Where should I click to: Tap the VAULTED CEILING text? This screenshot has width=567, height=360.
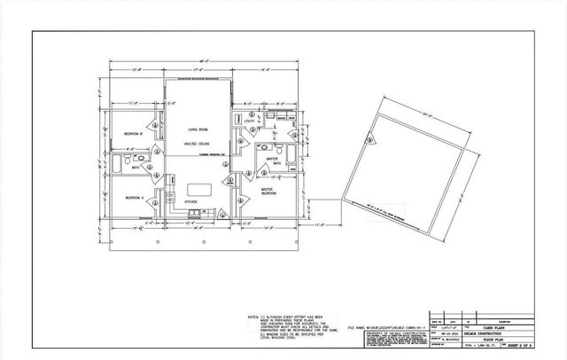pos(196,142)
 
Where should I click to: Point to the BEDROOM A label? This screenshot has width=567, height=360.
pos(134,197)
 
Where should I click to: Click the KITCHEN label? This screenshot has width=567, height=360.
pos(190,202)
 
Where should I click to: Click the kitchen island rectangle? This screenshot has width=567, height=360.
pos(198,190)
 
